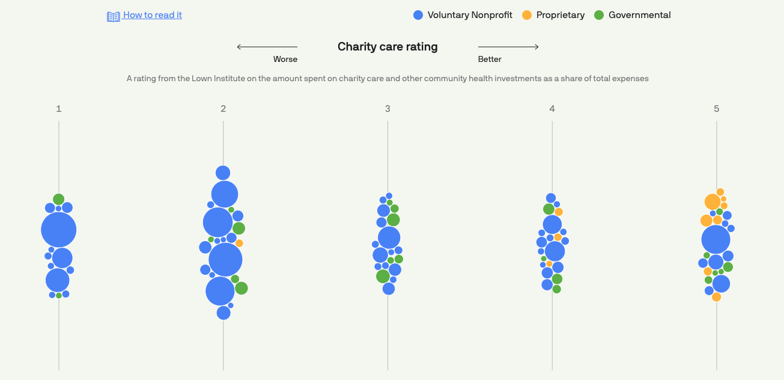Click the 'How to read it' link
[152, 16]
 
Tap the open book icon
[114, 16]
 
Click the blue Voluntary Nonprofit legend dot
[418, 16]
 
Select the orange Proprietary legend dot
[527, 16]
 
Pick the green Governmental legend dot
[599, 16]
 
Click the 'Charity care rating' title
[387, 47]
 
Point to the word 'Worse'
[285, 60]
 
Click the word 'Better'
[490, 60]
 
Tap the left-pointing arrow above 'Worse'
[267, 47]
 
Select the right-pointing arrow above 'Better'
[508, 47]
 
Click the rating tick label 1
[59, 109]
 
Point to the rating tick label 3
[387, 109]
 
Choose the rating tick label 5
[716, 109]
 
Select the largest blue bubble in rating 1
[59, 230]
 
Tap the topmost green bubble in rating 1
[58, 199]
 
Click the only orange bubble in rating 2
[239, 244]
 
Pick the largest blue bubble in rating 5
[716, 240]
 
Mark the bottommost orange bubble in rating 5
[716, 297]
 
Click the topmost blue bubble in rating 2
[223, 173]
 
